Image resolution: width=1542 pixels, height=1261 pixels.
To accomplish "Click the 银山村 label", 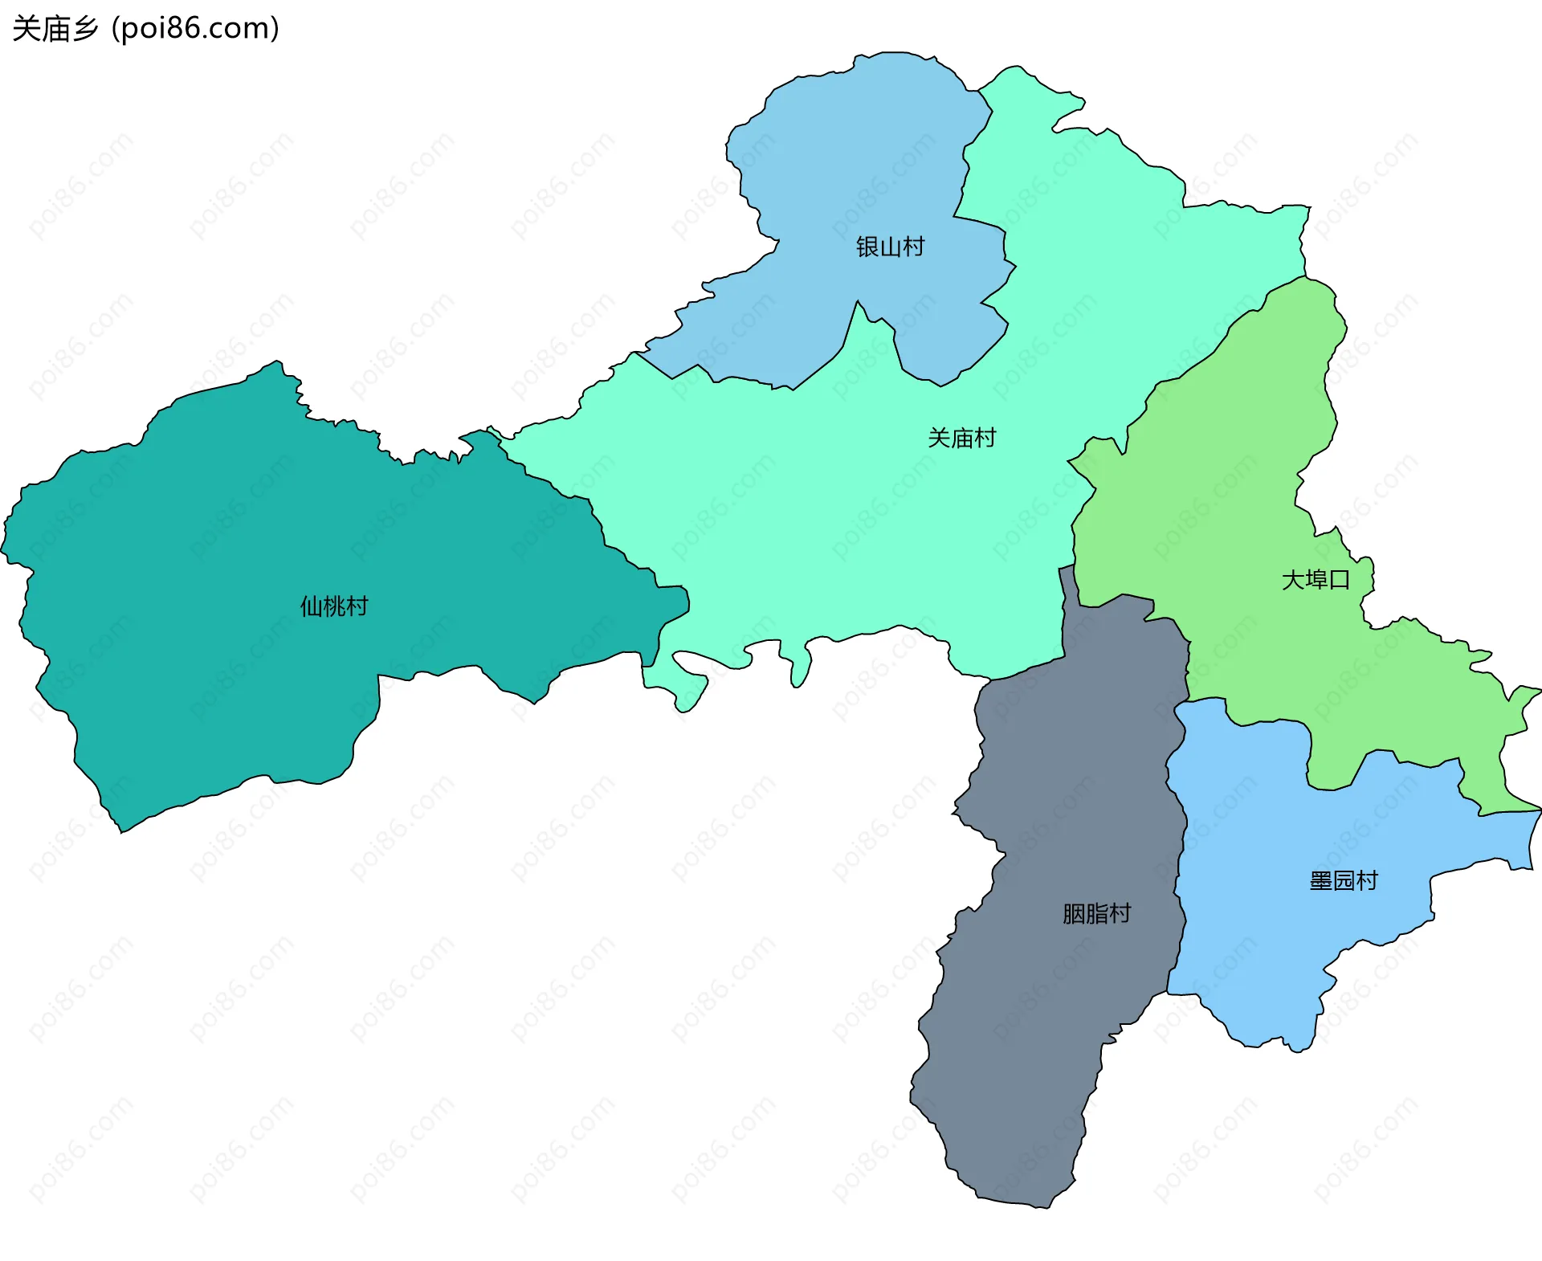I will click(x=890, y=247).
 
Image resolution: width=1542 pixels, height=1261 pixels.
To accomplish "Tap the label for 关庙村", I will click(x=961, y=438).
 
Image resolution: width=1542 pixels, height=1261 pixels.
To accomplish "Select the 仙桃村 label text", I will click(x=334, y=606).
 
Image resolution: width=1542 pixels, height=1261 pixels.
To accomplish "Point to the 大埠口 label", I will click(x=1316, y=579).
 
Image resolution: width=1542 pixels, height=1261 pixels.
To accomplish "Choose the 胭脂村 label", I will click(x=1096, y=913).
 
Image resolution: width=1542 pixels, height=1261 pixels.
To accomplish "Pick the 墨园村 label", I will click(x=1344, y=880).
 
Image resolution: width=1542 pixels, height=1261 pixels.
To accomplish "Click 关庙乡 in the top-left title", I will click(x=55, y=28).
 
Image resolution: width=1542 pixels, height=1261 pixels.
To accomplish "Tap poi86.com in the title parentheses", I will click(x=195, y=28).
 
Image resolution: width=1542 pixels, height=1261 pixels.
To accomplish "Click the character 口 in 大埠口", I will click(x=1339, y=579).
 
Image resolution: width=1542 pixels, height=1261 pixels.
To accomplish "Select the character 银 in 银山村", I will click(x=867, y=247).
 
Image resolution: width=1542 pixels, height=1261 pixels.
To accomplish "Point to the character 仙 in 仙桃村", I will click(x=311, y=606).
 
